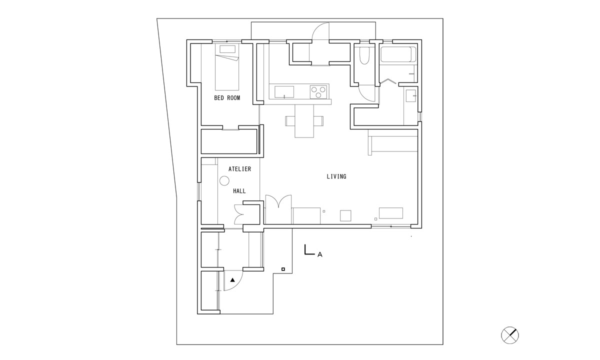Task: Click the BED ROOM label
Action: tap(227, 98)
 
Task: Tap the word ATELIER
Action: tap(239, 169)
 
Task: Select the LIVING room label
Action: tap(336, 176)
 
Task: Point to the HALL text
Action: tap(239, 191)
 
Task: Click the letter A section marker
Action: tap(319, 255)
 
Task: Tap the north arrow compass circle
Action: tap(510, 335)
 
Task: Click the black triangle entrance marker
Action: tap(232, 280)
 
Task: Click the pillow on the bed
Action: tap(227, 49)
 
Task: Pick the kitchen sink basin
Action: tap(284, 91)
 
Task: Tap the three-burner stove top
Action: tap(318, 92)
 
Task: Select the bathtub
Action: tap(398, 55)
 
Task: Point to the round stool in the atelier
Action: tap(224, 181)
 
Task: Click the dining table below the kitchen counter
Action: tap(304, 120)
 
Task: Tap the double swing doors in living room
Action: tap(277, 202)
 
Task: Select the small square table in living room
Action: tap(345, 215)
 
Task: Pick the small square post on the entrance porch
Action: tap(283, 269)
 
